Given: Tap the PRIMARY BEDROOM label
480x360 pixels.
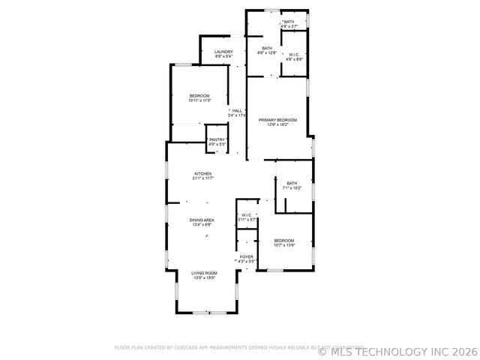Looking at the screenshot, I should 278,120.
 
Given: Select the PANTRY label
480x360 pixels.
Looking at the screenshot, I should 217,139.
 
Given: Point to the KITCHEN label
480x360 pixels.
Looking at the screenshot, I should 202,174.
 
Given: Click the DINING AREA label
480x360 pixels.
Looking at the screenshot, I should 202,220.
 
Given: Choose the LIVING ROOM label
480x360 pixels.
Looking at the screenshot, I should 204,273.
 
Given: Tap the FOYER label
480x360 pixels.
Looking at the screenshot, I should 246,256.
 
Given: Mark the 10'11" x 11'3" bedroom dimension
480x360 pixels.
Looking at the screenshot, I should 199,100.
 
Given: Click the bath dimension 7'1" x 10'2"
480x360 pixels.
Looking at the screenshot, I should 292,187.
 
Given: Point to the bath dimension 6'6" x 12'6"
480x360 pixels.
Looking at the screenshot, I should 267,52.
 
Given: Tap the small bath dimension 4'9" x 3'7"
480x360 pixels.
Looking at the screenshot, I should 289,26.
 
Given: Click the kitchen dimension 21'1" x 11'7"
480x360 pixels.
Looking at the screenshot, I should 202,178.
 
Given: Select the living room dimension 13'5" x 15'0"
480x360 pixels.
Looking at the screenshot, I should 204,277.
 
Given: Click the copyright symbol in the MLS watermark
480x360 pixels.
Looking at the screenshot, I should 323,351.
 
